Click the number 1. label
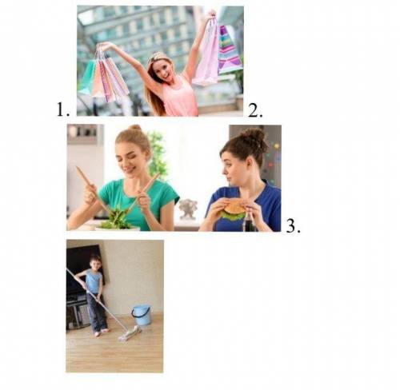[63, 109]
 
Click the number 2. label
[255, 110]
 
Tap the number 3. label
[293, 226]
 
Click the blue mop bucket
[142, 315]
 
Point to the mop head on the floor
[130, 333]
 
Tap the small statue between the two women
[188, 209]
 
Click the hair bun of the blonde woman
[135, 129]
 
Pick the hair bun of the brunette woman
[254, 135]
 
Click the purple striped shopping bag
[229, 50]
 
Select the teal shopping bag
[87, 78]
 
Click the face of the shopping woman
[163, 69]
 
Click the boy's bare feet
[101, 332]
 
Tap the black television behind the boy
[82, 269]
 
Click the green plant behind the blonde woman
[158, 154]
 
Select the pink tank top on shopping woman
[179, 96]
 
